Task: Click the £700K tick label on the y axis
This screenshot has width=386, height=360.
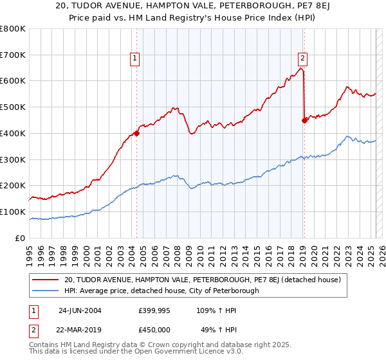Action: tap(13, 55)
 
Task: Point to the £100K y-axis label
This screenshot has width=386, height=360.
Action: tap(13, 212)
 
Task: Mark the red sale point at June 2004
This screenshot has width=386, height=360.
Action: tap(137, 134)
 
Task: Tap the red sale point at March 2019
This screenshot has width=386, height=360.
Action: tap(304, 120)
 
